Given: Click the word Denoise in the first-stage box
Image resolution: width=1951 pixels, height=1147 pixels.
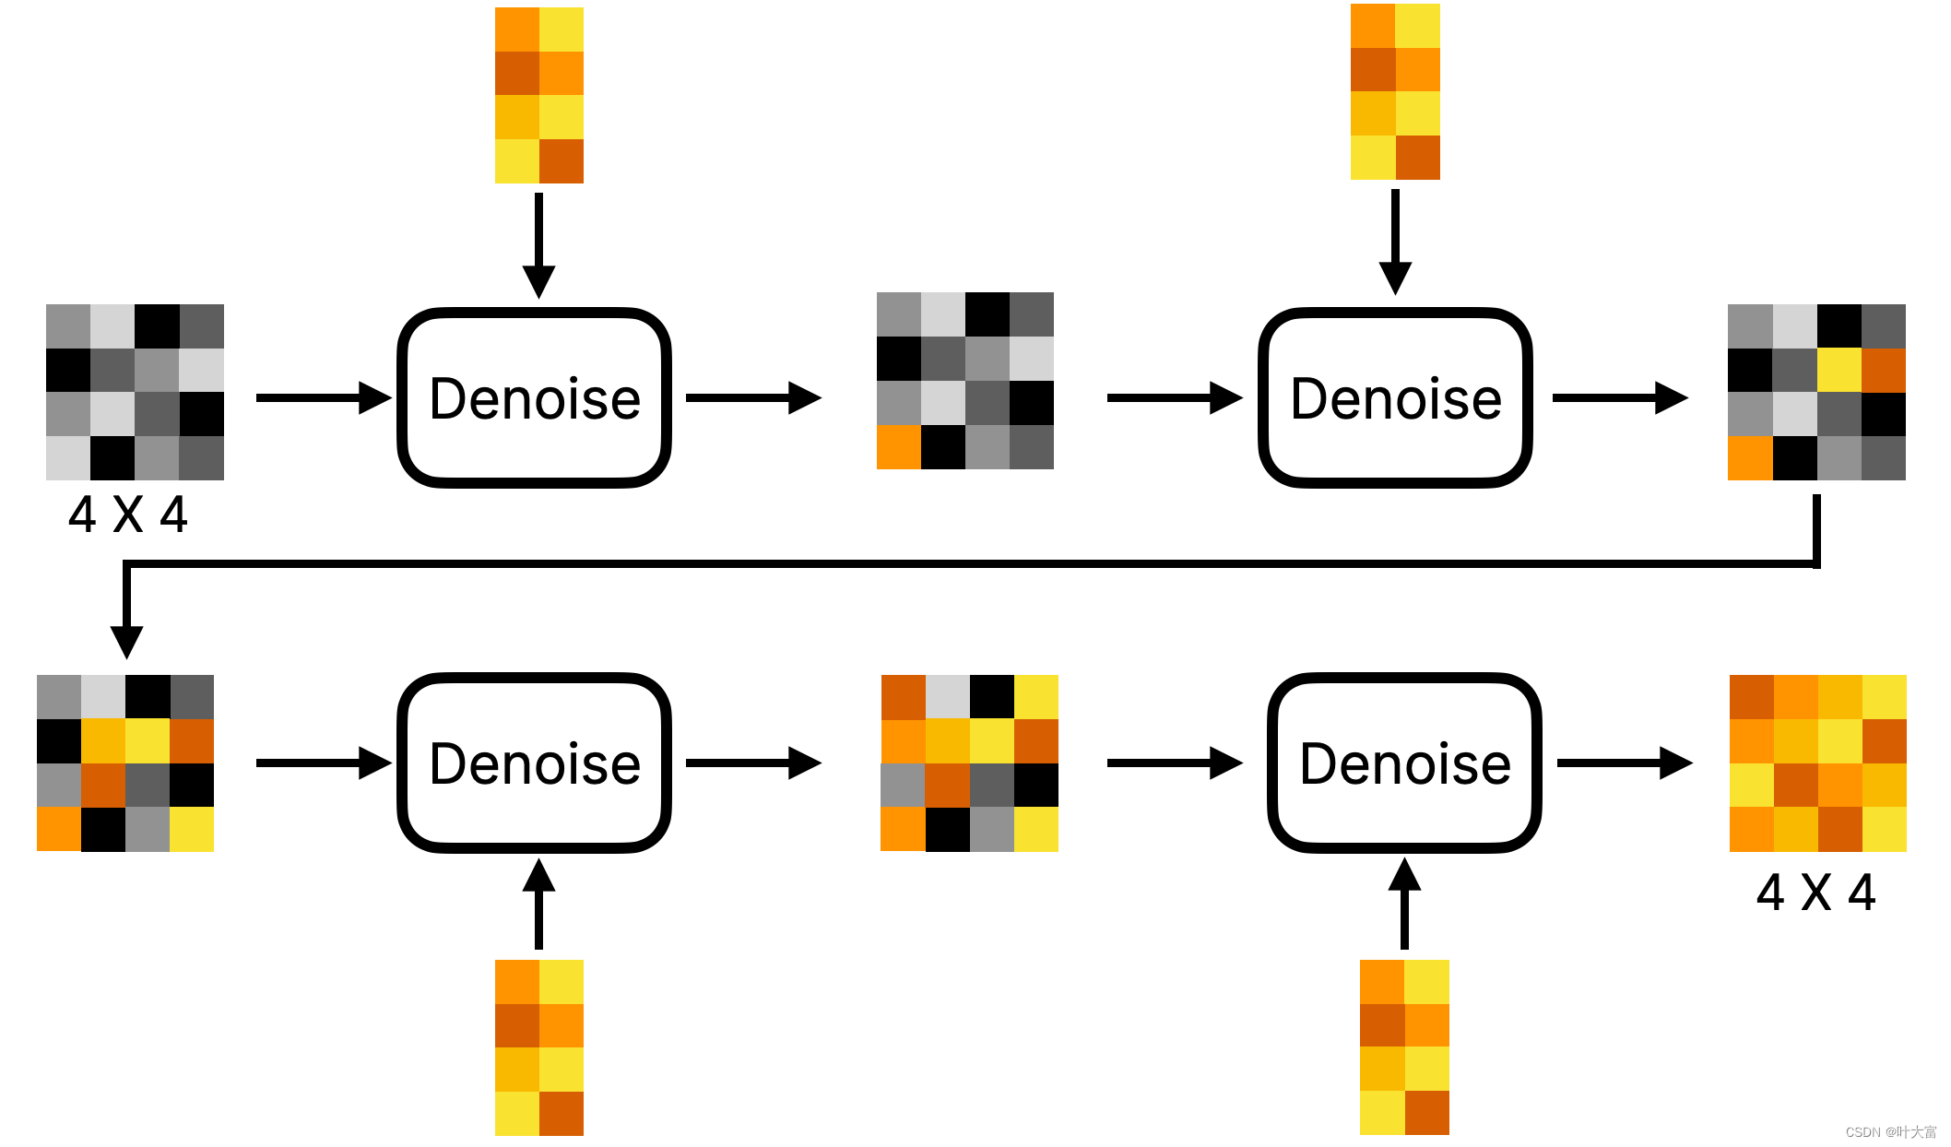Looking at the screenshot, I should pyautogui.click(x=535, y=398).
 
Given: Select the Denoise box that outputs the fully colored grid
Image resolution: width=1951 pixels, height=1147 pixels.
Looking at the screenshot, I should pyautogui.click(x=1404, y=763).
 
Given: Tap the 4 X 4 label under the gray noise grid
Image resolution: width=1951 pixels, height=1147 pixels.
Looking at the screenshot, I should pyautogui.click(x=128, y=514).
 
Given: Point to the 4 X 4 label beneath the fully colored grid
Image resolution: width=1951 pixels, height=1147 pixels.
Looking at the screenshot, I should pyautogui.click(x=1815, y=893).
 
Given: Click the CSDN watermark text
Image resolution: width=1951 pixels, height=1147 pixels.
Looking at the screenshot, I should pyautogui.click(x=1890, y=1131).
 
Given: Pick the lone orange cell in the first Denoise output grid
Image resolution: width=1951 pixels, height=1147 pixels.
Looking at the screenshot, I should pyautogui.click(x=898, y=447).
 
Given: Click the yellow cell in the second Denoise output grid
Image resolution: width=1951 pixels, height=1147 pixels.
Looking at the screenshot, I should pyautogui.click(x=1839, y=370).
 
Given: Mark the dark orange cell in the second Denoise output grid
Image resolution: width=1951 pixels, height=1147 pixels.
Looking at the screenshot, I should pyautogui.click(x=1884, y=370).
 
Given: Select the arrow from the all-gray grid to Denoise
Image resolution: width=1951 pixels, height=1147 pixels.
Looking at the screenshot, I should pyautogui.click(x=323, y=398).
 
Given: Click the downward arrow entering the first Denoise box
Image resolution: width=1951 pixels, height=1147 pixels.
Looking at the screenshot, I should pyautogui.click(x=538, y=244).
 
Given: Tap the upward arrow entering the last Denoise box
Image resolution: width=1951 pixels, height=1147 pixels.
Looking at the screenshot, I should pyautogui.click(x=1404, y=904).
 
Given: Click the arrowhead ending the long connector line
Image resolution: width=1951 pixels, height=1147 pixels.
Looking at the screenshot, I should pyautogui.click(x=126, y=641).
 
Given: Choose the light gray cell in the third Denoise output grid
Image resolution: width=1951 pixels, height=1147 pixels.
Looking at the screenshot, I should pyautogui.click(x=947, y=697).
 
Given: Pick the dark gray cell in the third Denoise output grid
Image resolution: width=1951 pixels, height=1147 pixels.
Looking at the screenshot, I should pyautogui.click(x=991, y=785).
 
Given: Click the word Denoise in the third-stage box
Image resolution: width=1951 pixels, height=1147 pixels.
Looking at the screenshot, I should pyautogui.click(x=535, y=763).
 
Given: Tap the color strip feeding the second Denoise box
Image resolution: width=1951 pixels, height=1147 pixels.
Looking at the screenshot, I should pyautogui.click(x=1395, y=91).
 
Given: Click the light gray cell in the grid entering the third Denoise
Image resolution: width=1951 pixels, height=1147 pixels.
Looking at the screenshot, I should pyautogui.click(x=103, y=697).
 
